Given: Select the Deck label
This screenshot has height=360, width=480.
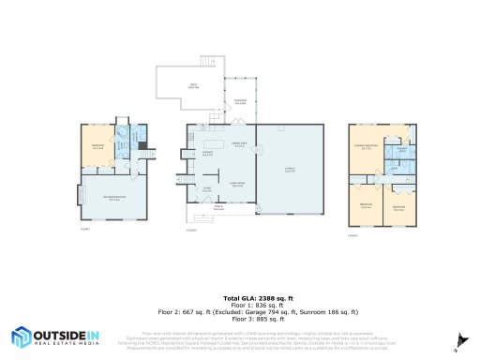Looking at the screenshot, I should tap(193, 86).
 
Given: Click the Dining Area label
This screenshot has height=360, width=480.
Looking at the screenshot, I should tap(238, 144).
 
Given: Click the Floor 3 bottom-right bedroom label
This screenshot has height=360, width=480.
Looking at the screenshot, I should tap(398, 207).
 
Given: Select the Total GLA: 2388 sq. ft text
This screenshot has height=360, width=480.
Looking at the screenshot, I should tap(239, 297).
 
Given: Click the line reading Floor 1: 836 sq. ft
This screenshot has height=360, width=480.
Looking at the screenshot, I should tap(239, 305).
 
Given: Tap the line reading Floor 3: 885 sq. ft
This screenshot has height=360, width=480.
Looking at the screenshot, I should tap(239, 319).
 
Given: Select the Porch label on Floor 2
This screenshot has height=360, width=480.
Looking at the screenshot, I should tap(218, 208).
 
